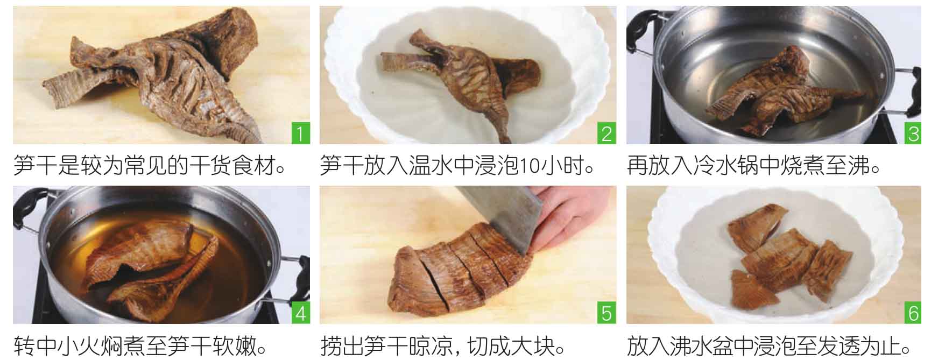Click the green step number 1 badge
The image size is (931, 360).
(x=300, y=133)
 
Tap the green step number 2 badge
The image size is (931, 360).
(x=607, y=133)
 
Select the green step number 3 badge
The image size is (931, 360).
(x=913, y=133)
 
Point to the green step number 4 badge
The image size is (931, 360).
(x=300, y=313)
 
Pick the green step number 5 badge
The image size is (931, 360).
(x=607, y=313)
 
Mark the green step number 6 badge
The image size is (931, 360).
(x=913, y=313)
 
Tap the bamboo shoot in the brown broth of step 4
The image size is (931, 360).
(x=151, y=264)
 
